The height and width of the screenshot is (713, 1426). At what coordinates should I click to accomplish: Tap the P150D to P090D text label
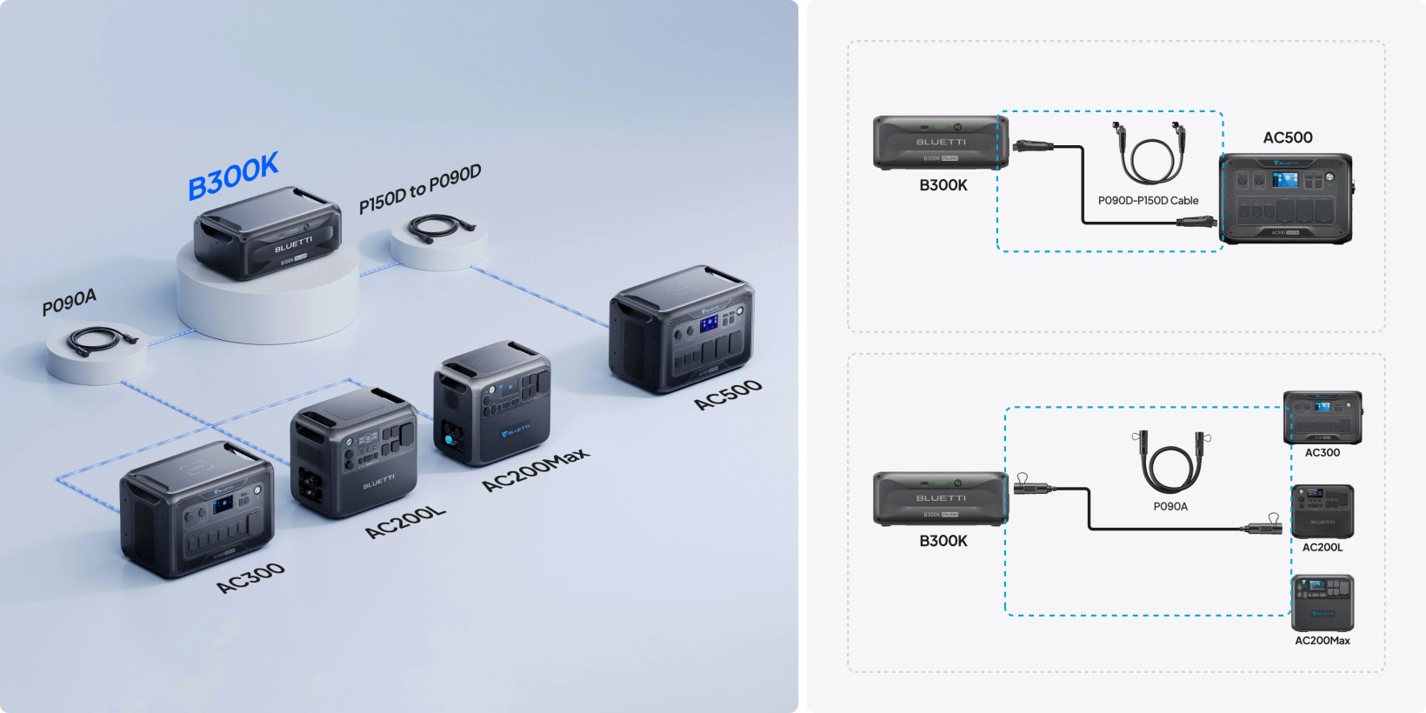coord(420,189)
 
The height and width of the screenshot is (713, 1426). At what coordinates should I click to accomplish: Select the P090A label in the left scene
coord(70,303)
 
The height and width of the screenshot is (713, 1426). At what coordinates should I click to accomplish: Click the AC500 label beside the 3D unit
coord(728,394)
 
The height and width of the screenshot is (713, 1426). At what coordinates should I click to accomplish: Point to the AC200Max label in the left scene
coord(536,470)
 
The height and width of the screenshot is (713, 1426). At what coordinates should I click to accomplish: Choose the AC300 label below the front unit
coord(250,577)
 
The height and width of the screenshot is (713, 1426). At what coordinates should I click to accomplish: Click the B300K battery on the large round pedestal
coord(268,232)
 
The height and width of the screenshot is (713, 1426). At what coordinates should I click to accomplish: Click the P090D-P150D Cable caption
coord(1148,201)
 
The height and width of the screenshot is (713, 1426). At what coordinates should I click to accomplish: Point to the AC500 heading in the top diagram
coord(1288,137)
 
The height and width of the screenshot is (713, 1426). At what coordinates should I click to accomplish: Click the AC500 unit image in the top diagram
coord(1286,198)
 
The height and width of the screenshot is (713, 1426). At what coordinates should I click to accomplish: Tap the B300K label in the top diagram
coord(943,185)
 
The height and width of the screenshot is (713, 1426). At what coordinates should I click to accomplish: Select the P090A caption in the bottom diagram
coord(1170,506)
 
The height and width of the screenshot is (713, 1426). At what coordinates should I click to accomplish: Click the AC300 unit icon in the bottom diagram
coord(1322,417)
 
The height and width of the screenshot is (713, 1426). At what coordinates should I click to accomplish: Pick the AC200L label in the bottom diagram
coord(1323,547)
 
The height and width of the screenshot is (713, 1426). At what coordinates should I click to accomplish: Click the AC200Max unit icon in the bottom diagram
coord(1323,603)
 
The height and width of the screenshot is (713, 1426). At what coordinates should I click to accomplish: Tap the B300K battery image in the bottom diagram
coord(940,499)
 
